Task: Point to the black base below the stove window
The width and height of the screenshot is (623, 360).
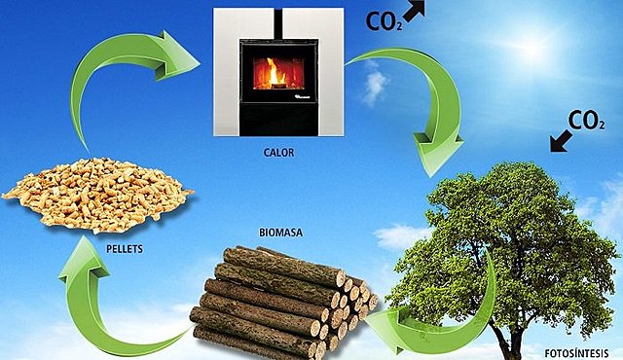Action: point(279,122)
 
